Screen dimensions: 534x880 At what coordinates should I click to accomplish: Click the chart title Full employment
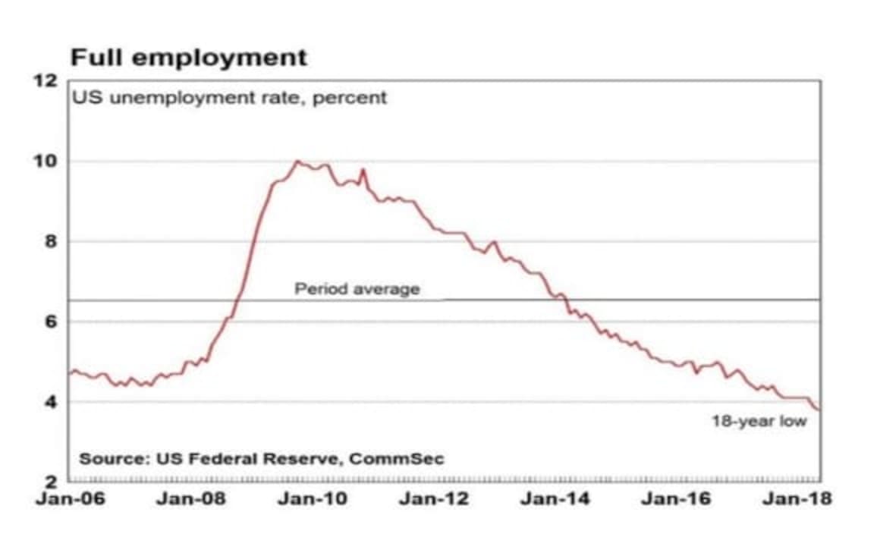click(x=189, y=58)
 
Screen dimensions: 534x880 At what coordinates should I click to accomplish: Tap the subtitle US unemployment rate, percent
click(x=229, y=98)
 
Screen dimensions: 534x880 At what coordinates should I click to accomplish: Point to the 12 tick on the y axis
click(x=47, y=81)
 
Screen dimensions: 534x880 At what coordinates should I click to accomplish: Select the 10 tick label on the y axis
click(x=47, y=162)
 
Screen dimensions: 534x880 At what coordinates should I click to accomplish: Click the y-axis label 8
click(x=51, y=242)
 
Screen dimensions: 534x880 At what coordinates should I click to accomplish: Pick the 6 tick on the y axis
click(x=51, y=322)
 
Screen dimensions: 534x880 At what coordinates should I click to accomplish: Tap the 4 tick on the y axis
click(x=51, y=402)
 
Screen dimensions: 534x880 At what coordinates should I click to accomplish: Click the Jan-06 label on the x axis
click(x=68, y=500)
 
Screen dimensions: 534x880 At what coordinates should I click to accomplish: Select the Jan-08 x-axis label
click(x=190, y=500)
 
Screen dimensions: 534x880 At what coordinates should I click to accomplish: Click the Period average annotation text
click(x=357, y=289)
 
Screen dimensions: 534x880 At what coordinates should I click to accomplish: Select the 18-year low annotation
click(x=759, y=421)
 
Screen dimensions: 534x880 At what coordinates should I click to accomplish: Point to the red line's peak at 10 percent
click(x=297, y=161)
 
